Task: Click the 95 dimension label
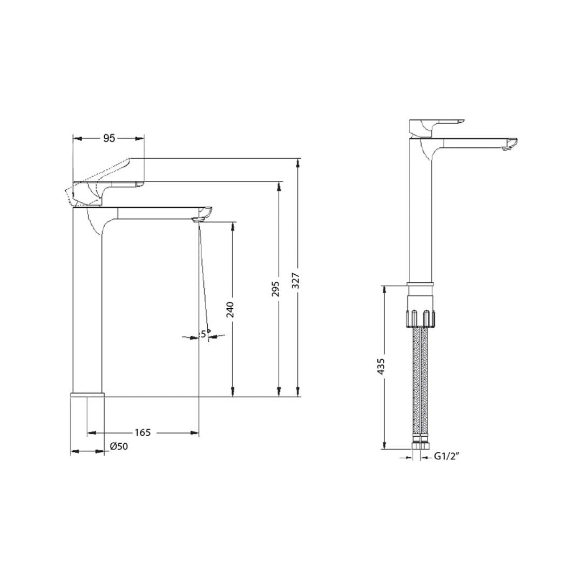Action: tap(109, 138)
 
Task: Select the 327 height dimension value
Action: tap(296, 281)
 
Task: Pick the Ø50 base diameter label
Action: tap(119, 446)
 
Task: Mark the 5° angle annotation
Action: tap(205, 334)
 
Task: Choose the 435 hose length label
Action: tap(382, 366)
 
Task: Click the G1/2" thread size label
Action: tap(446, 457)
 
